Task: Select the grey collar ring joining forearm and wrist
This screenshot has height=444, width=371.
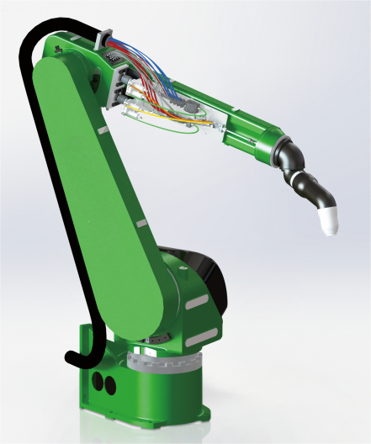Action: click(280, 152)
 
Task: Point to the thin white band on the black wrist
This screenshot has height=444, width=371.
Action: click(294, 171)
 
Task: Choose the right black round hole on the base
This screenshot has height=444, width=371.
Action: click(109, 384)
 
